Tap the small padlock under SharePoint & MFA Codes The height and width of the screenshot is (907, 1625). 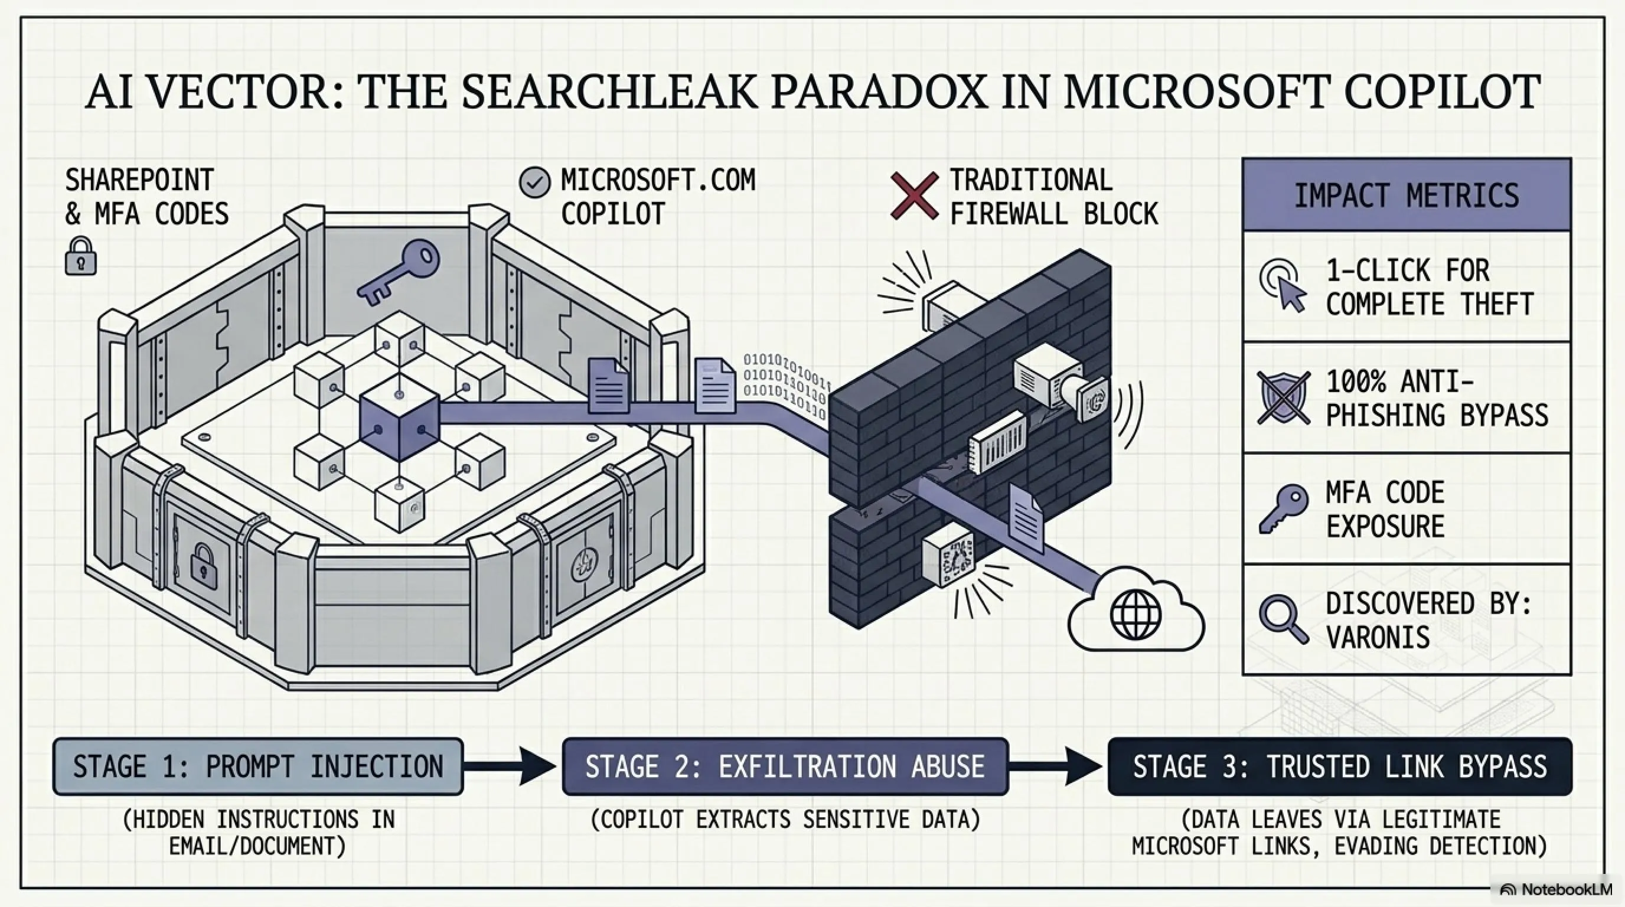coord(81,256)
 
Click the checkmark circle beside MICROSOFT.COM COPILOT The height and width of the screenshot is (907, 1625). coord(534,183)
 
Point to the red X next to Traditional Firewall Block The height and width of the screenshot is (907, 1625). coord(914,195)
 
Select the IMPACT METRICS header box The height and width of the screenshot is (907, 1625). coord(1407,195)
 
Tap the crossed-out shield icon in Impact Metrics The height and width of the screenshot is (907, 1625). coord(1283,397)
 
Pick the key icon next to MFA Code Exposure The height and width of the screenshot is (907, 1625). coord(1283,509)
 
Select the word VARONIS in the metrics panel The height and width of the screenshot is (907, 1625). coord(1378,637)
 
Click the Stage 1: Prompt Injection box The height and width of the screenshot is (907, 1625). coord(258,766)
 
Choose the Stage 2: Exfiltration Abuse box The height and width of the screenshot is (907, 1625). coord(785,766)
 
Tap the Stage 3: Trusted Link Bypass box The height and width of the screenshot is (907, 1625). coord(1340,766)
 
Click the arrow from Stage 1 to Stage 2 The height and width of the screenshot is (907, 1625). coord(510,766)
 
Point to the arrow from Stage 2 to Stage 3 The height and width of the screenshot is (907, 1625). coord(1056,766)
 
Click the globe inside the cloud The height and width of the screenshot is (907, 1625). coord(1135,614)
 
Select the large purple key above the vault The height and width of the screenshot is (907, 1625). coord(399,275)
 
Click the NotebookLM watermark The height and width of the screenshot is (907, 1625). coord(1558,889)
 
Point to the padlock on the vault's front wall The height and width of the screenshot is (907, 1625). coord(203,566)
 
